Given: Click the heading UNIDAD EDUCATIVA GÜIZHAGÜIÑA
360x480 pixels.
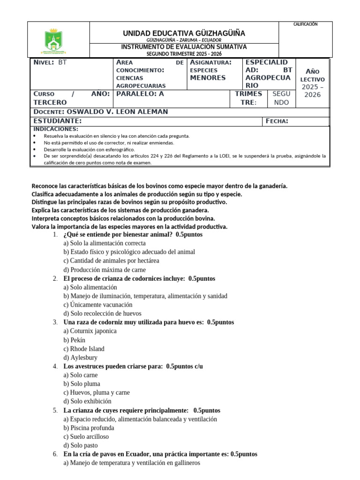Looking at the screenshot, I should pyautogui.click(x=184, y=33).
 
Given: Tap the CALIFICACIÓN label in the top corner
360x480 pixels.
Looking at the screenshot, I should pyautogui.click(x=305, y=24).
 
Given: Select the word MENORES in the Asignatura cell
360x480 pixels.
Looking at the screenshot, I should pyautogui.click(x=208, y=78).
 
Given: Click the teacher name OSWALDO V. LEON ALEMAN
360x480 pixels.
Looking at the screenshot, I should pyautogui.click(x=117, y=112).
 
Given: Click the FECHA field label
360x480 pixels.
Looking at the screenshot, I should pyautogui.click(x=277, y=121).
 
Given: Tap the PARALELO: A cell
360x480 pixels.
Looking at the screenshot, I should pyautogui.click(x=140, y=94).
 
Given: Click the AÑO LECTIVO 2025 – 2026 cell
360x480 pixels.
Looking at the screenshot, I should pyautogui.click(x=313, y=83).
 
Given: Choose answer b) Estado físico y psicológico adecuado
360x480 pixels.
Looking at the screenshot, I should pyautogui.click(x=129, y=252).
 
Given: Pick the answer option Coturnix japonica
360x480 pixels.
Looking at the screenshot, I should pyautogui.click(x=90, y=331).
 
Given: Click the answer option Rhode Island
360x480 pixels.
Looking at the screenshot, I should pyautogui.click(x=84, y=349).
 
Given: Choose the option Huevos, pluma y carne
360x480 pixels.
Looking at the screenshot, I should pyautogui.click(x=97, y=393).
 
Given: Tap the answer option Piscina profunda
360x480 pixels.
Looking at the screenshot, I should pyautogui.click(x=89, y=428).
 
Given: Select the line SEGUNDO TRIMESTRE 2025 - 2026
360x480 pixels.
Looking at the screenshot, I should pyautogui.click(x=184, y=54).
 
